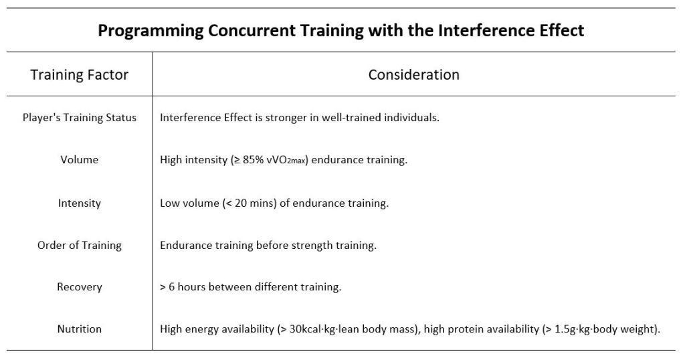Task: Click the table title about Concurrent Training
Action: point(340,31)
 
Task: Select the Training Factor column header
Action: point(79,75)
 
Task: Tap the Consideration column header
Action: point(413,75)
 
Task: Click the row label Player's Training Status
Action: point(80,118)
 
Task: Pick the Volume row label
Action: point(80,159)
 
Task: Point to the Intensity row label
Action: point(80,203)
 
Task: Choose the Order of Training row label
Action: point(80,245)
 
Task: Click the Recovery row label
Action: point(80,287)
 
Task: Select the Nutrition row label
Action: point(80,329)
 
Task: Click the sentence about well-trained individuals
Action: point(300,118)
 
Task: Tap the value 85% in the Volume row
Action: point(253,160)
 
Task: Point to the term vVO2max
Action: point(285,161)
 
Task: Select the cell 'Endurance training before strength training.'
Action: point(268,245)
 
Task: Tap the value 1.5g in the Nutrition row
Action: point(565,329)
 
